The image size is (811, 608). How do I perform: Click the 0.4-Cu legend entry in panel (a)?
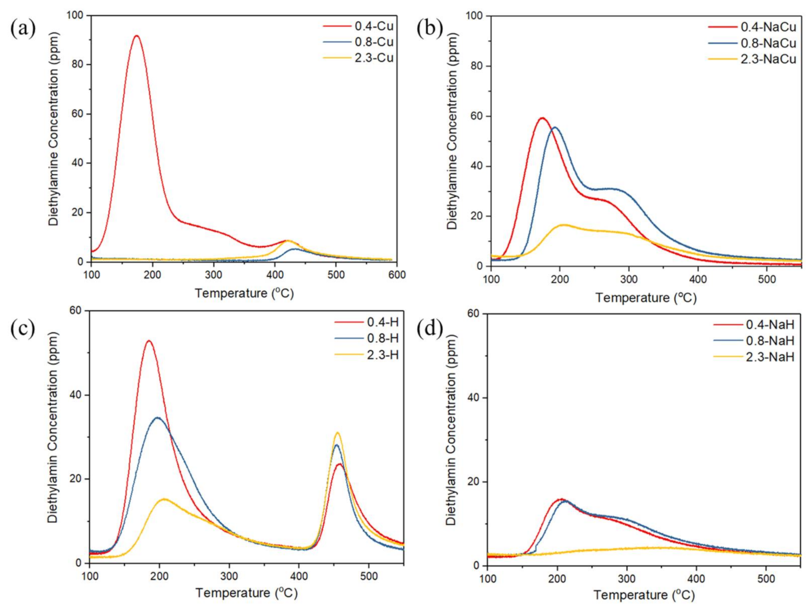(x=374, y=26)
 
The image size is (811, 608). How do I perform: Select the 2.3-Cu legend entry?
(x=374, y=58)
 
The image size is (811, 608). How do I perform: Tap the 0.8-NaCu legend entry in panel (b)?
(x=768, y=43)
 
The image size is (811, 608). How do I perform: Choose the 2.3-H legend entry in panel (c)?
(x=382, y=355)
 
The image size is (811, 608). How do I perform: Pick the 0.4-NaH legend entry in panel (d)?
(x=770, y=324)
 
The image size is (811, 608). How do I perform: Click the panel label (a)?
(x=23, y=28)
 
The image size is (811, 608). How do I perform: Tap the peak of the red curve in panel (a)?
(x=136, y=36)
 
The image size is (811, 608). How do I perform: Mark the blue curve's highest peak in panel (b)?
(x=555, y=128)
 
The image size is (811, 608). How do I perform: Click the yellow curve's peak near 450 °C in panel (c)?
(x=337, y=433)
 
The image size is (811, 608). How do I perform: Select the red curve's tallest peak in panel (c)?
(x=149, y=341)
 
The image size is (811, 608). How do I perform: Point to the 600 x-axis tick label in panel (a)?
(x=397, y=275)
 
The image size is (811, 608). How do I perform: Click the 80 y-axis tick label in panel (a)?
(x=78, y=64)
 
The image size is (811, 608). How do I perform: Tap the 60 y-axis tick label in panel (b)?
(x=476, y=116)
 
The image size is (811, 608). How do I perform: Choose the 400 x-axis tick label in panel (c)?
(x=299, y=576)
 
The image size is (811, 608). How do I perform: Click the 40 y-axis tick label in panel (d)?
(x=474, y=398)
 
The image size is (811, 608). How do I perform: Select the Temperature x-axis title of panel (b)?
(x=646, y=297)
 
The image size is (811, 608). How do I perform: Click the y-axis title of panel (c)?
(x=52, y=427)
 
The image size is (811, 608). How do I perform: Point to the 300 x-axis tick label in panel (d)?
(x=627, y=579)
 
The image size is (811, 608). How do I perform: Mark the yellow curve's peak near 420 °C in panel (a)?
(x=288, y=240)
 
